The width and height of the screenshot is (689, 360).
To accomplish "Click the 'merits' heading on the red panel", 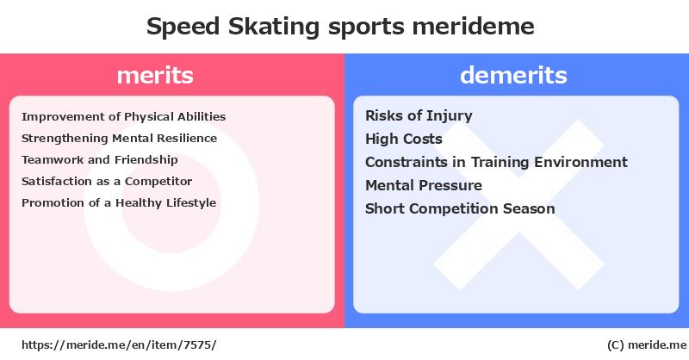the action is click(x=155, y=75).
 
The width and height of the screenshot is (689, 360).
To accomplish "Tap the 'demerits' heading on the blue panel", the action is click(x=513, y=75).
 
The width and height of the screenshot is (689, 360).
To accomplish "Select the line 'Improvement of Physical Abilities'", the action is click(x=123, y=117).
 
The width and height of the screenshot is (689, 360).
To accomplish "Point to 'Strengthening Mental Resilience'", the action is click(x=119, y=139).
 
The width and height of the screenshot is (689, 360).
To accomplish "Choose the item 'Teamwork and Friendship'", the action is click(x=100, y=159).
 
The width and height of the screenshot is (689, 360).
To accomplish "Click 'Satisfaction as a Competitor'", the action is click(x=107, y=181).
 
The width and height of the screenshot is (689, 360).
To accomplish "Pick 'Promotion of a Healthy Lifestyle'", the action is click(x=119, y=202).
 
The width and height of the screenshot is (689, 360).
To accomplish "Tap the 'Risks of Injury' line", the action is click(x=419, y=116).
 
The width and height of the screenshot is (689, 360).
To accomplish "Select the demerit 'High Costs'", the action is click(x=404, y=139).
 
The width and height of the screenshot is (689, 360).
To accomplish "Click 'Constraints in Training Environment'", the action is click(x=497, y=162).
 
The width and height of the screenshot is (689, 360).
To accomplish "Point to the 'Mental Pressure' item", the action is click(x=424, y=185).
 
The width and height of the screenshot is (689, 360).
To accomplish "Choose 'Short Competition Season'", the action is click(x=460, y=208).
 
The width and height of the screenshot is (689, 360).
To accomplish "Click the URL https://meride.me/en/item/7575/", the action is click(x=119, y=345).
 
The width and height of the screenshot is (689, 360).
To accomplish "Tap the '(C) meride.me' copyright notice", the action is click(x=647, y=345).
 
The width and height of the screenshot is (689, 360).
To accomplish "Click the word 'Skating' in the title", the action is click(x=274, y=27).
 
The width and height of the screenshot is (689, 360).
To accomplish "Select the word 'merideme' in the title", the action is click(x=473, y=27).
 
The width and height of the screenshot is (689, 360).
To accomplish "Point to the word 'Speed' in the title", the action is click(x=183, y=28).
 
